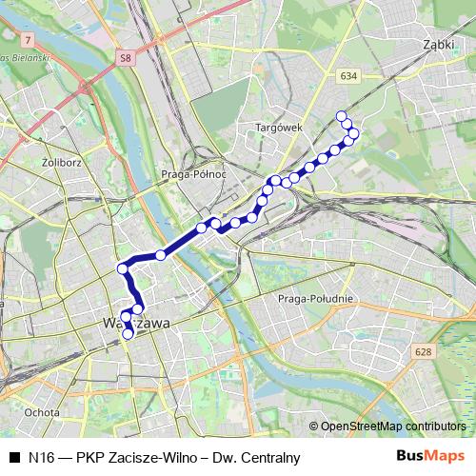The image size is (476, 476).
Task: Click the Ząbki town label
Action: coord(439,43)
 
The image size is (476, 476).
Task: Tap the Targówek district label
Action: coord(278,127)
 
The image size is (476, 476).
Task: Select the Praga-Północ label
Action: coord(194,174)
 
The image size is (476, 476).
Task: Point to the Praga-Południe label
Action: coord(315,299)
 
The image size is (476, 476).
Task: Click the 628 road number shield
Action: coord(422,353)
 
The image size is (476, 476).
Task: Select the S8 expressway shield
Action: coord(126,58)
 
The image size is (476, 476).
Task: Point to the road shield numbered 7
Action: coord(30,39)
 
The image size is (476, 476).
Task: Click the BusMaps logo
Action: coord(430,457)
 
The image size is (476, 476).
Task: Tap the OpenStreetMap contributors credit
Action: coord(394,426)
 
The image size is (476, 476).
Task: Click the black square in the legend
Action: coord(12,458)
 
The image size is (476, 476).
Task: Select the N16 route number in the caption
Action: coord(40,458)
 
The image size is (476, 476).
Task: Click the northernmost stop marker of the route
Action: coord(342,116)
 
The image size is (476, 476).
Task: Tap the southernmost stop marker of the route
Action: coord(128,334)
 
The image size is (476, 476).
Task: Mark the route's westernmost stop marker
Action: coord(122,269)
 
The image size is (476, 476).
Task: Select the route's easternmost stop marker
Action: coord(354,133)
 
